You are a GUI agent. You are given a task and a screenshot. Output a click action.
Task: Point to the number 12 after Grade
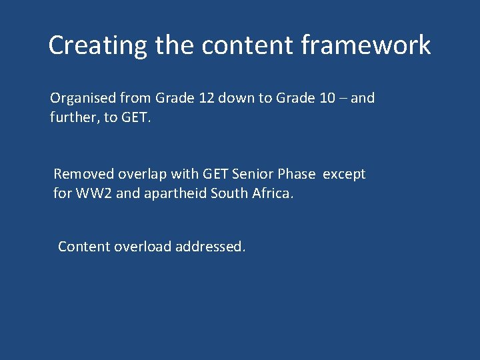coord(206,98)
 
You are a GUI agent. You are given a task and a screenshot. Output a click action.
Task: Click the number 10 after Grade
coord(327,98)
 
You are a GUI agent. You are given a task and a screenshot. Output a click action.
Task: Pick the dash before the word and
coord(343,98)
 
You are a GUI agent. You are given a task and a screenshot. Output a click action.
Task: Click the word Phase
coord(297,174)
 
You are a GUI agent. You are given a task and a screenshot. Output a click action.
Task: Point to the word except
coord(344,174)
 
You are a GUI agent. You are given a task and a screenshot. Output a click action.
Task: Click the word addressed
coord(211,247)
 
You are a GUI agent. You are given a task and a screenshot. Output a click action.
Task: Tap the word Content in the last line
coord(84,247)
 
